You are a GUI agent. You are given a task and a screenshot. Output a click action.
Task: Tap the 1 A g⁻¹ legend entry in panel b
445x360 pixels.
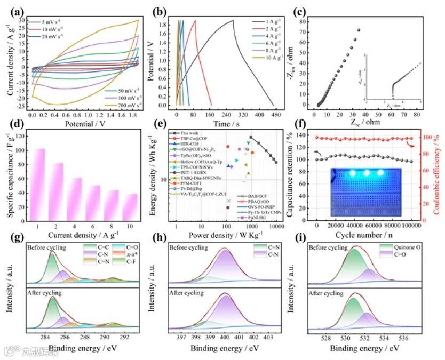(x=267, y=21)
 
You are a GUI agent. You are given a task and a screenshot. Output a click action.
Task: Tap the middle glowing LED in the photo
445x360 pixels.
(x=365, y=173)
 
